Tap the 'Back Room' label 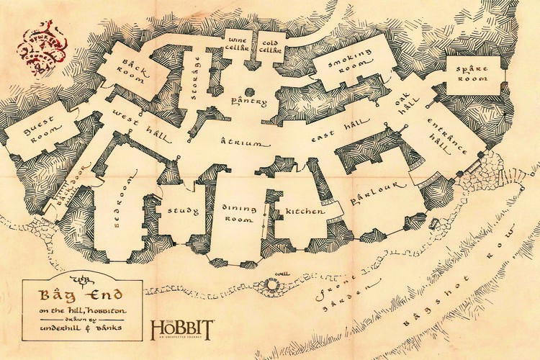tap(128, 70)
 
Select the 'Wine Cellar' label tap(238, 44)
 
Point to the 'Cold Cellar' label tap(269, 44)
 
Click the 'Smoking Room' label tap(353, 66)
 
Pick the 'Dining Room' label tap(238, 213)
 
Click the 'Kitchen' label tap(300, 211)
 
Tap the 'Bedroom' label tap(119, 210)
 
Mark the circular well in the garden tap(272, 285)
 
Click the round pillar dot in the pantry tap(249, 91)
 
